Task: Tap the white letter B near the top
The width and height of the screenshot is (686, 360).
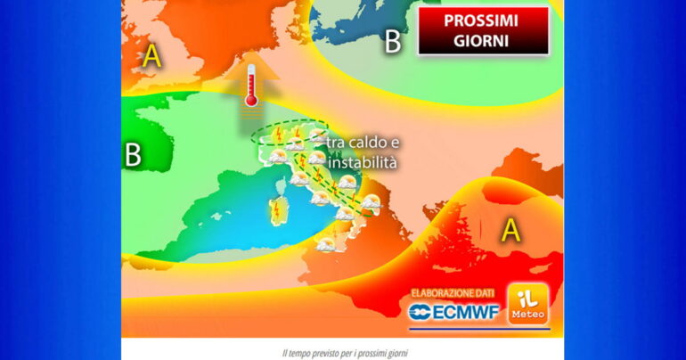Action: coord(392,42)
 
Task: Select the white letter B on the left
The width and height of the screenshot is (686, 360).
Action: coord(133,155)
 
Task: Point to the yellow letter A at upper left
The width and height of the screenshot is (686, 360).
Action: coord(152,57)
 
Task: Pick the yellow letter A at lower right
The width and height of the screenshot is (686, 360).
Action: coord(510,231)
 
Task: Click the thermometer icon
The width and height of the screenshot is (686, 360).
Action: coord(251,86)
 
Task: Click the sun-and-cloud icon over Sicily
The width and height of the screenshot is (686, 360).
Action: coord(326,243)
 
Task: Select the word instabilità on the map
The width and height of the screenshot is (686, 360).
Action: coord(362,164)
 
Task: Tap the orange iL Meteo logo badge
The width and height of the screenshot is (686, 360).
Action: coord(527,305)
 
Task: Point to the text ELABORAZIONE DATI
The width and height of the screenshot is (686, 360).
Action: coord(454,292)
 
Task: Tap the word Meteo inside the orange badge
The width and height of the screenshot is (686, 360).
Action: coord(527,315)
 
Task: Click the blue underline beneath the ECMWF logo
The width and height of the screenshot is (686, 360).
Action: coord(453,326)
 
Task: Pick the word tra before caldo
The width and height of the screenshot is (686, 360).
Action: coord(337,143)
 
